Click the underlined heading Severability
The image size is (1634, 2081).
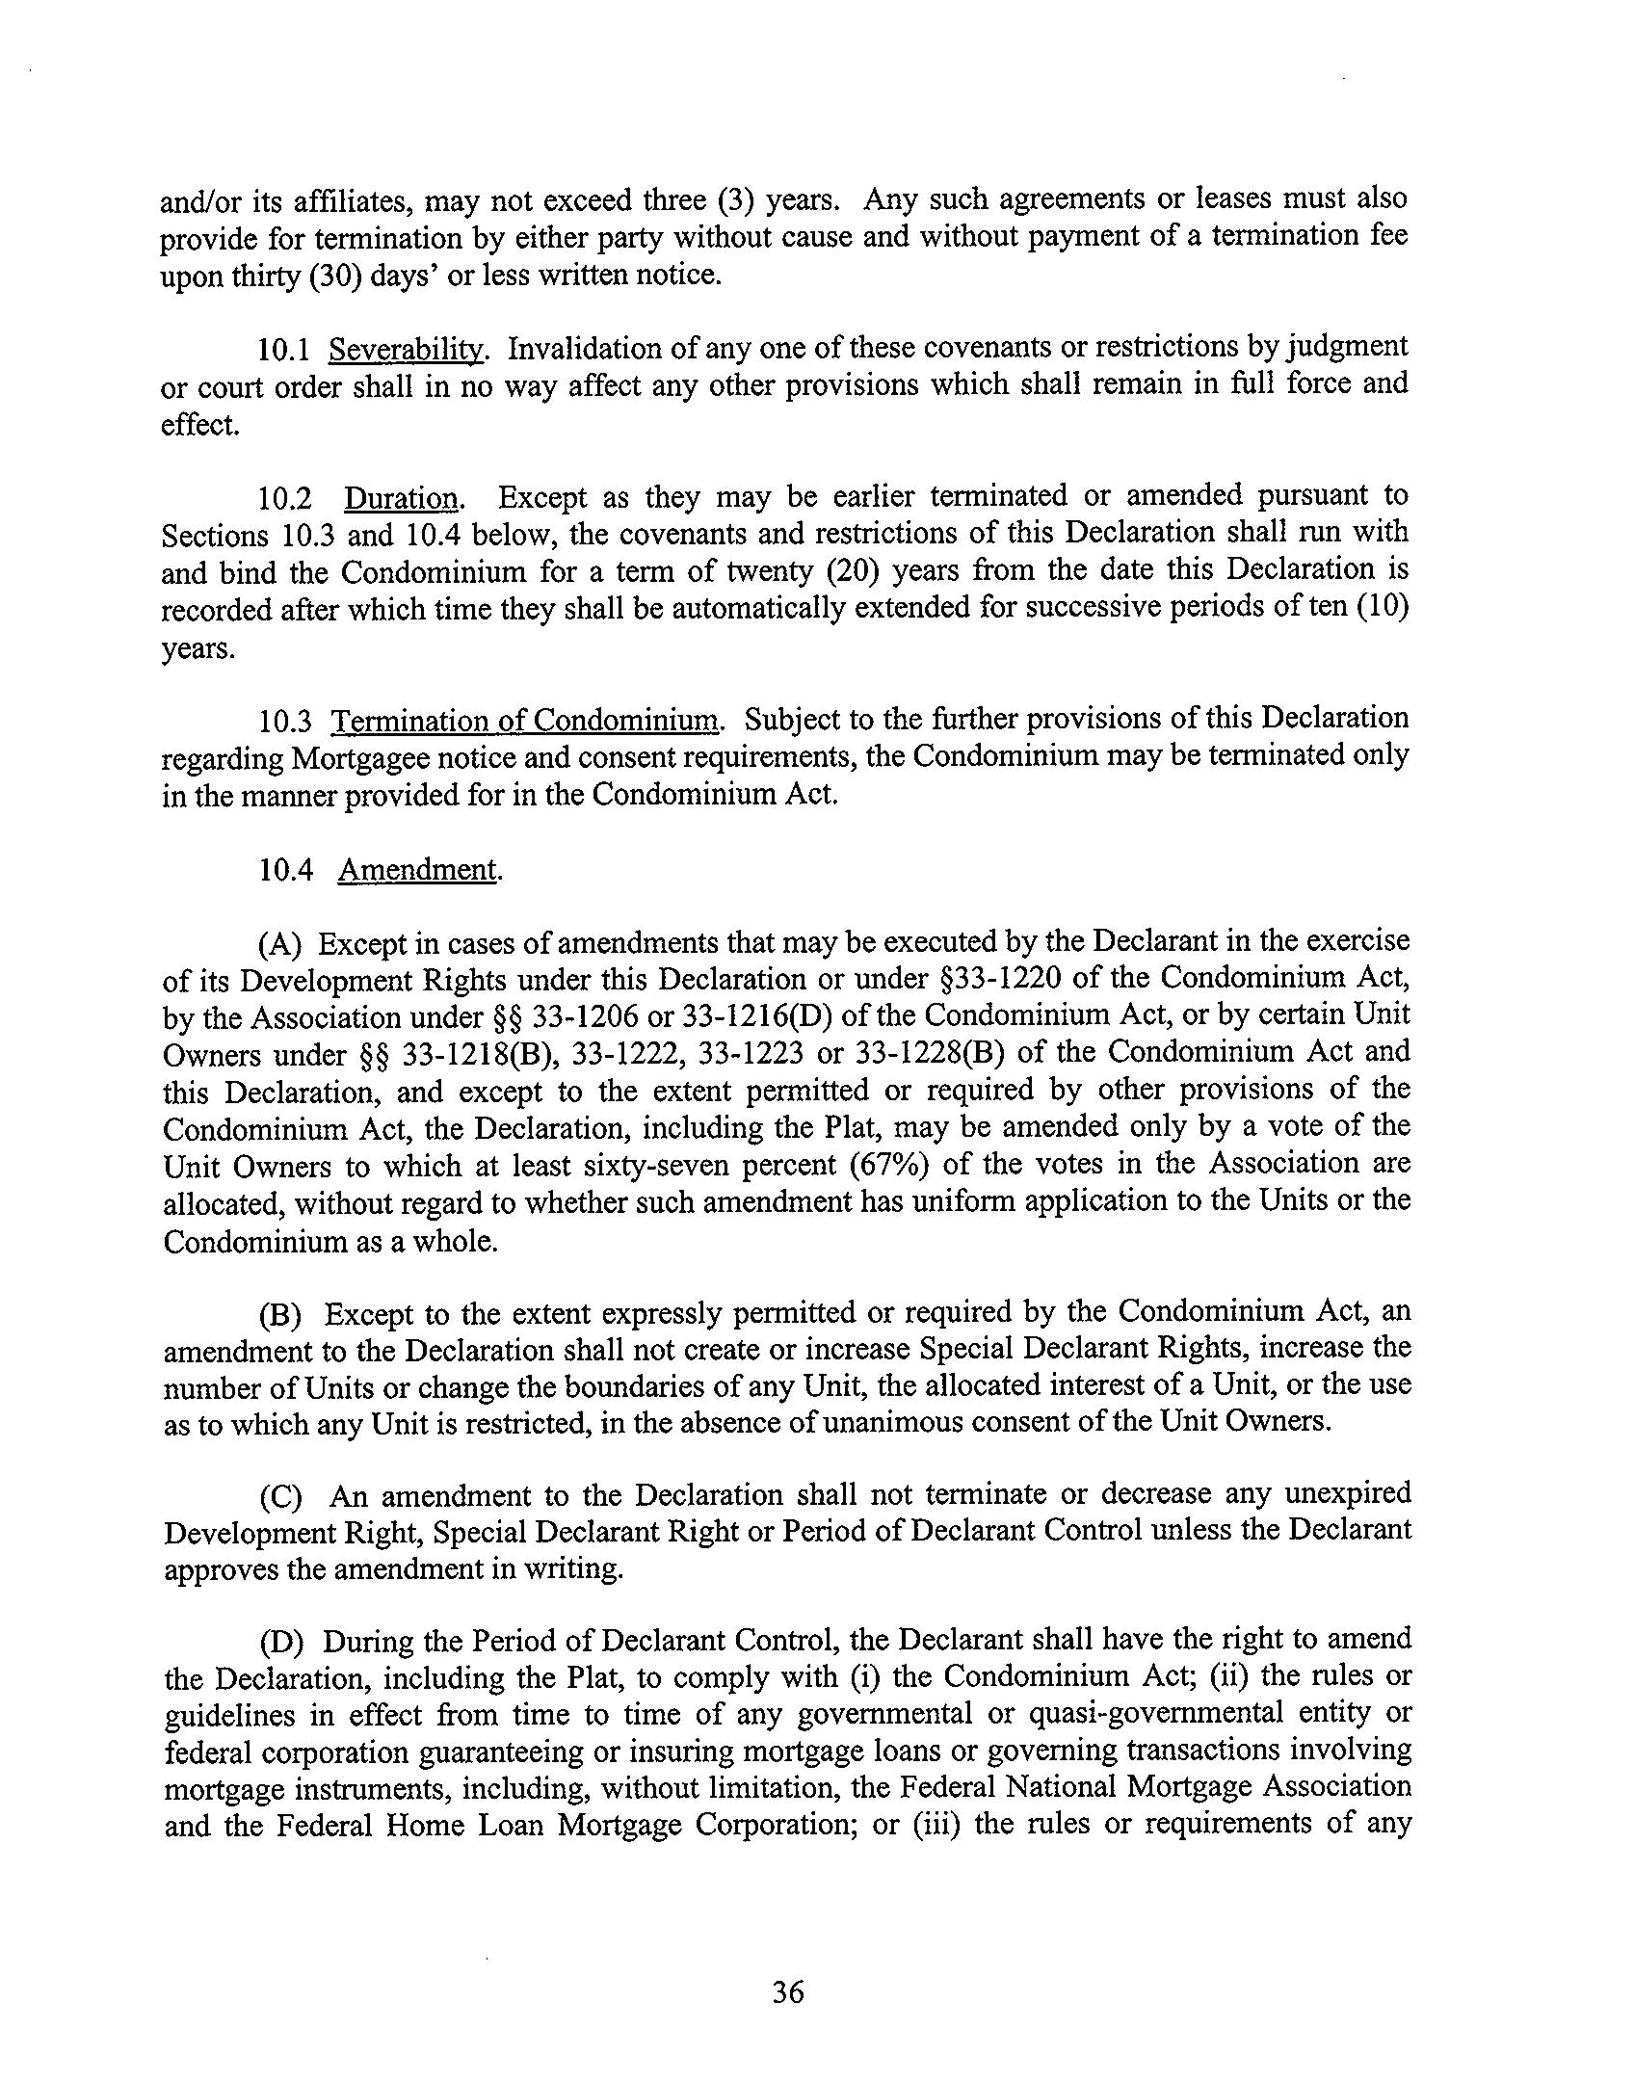[x=406, y=348]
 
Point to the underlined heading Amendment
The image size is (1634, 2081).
[x=418, y=870]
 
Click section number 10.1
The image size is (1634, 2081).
[x=284, y=348]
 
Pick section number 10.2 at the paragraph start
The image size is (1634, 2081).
[x=284, y=497]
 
